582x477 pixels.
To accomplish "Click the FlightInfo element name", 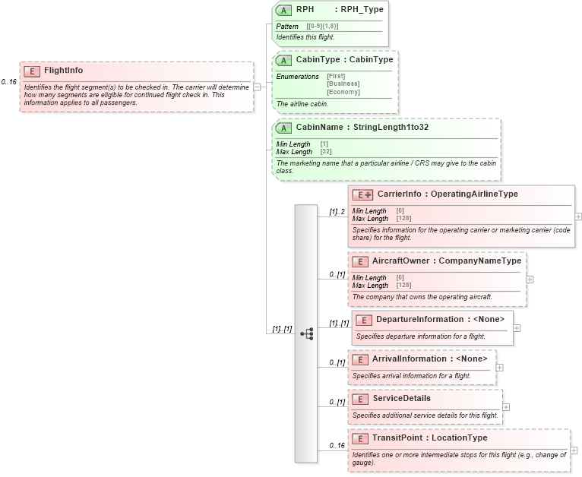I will coord(63,71).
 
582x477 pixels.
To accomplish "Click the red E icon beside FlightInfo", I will coord(32,71).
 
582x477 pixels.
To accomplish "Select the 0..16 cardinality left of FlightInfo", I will coord(8,81).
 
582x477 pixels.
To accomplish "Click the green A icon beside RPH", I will coord(283,11).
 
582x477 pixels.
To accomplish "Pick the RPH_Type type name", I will coord(362,10).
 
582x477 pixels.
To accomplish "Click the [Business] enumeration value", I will coord(343,84).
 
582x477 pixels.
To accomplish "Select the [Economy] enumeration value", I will coord(343,92).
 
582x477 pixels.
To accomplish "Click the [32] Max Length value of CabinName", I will coord(325,152).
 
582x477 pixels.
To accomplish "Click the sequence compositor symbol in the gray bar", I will coord(307,333).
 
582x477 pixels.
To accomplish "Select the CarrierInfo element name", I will coord(399,194).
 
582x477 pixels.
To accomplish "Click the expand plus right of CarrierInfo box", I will coord(578,216).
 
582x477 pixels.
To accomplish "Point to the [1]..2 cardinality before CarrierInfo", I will coord(337,212).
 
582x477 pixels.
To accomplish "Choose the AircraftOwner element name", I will coord(400,261).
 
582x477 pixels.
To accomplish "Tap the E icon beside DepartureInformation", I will coord(363,320).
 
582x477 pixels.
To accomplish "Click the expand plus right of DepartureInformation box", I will coord(517,328).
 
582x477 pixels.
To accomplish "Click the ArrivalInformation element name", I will coord(408,359).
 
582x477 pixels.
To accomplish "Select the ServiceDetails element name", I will coord(400,398).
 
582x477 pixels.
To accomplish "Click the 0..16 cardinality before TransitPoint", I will coord(337,446).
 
